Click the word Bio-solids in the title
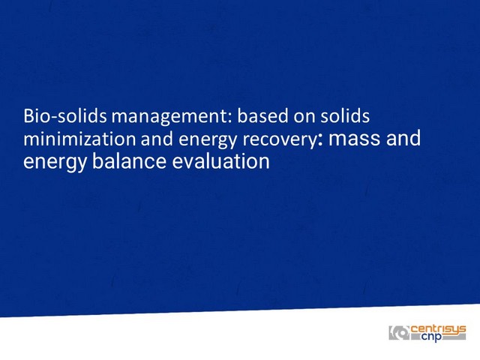click(65, 116)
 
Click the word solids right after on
click(345, 115)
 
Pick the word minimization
click(79, 139)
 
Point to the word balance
click(129, 161)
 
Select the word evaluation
click(220, 161)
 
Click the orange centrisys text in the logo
click(438, 330)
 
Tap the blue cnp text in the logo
click(432, 337)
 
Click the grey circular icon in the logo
click(399, 333)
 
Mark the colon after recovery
click(320, 140)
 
